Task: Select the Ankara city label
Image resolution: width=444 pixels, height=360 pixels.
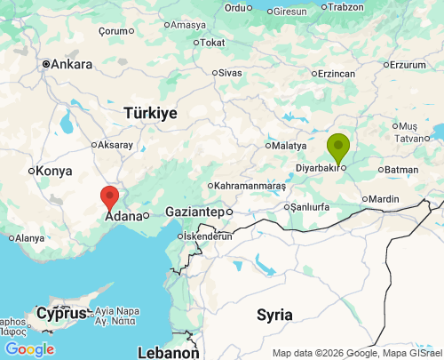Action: coord(71,64)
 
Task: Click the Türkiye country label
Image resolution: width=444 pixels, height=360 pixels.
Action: coord(150,114)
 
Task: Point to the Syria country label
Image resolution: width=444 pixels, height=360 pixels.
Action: coord(274,314)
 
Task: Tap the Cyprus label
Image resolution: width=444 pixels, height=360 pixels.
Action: coord(61,314)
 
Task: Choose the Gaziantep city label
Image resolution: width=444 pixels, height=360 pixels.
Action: coord(194,212)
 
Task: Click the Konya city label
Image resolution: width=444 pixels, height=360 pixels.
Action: coord(55,171)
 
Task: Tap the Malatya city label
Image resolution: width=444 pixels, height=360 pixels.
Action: coord(289,145)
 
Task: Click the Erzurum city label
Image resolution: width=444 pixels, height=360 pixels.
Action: coord(408,65)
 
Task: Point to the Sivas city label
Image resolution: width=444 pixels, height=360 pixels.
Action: coord(229,72)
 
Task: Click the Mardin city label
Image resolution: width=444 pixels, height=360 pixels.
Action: coord(383,199)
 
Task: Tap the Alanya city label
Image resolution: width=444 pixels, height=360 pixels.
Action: coord(29,238)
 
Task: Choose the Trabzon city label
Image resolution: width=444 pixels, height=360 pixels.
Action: coord(345,7)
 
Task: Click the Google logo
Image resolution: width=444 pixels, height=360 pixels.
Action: coord(29,349)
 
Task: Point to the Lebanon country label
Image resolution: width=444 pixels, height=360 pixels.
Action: coord(168,353)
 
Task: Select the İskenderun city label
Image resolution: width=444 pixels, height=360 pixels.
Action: coord(207,236)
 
